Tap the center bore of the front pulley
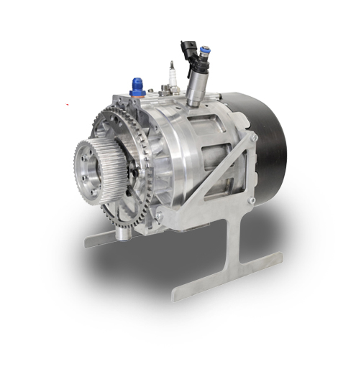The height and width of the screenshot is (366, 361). [89, 172]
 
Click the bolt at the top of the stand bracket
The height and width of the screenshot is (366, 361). [252, 137]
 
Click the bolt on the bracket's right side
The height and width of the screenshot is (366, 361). [251, 200]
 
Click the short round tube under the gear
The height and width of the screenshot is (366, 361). [123, 230]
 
